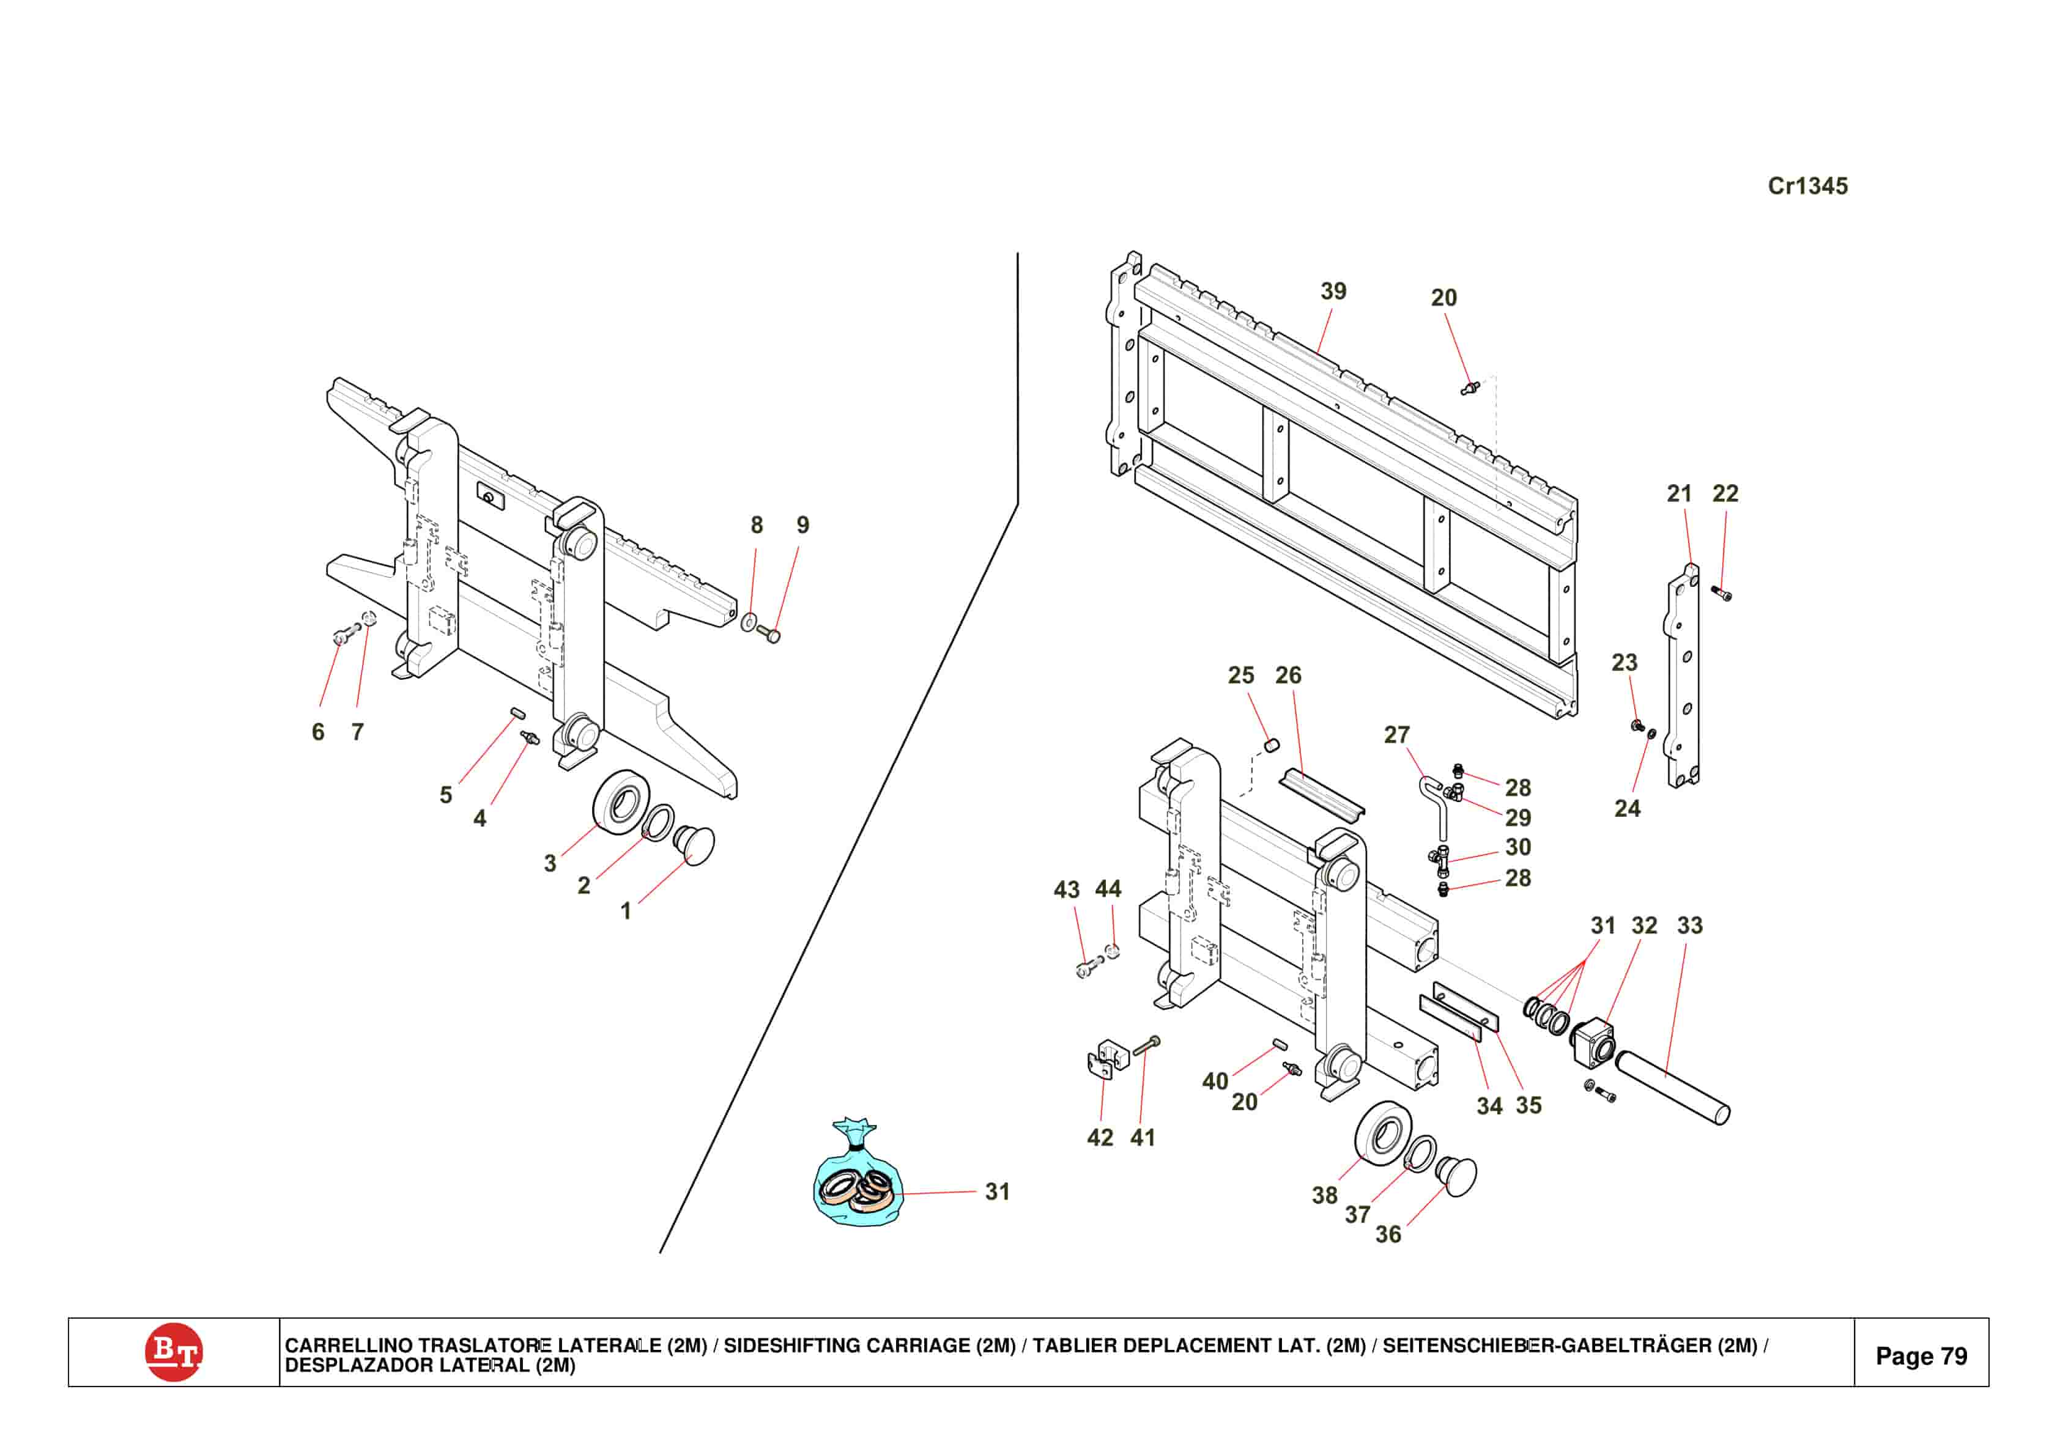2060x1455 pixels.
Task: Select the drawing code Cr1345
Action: click(1807, 186)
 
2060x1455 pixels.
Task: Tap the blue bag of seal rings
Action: click(858, 1185)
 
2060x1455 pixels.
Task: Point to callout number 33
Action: click(1689, 925)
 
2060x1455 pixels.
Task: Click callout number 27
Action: click(1396, 735)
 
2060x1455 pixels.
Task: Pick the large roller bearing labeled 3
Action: click(622, 801)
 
